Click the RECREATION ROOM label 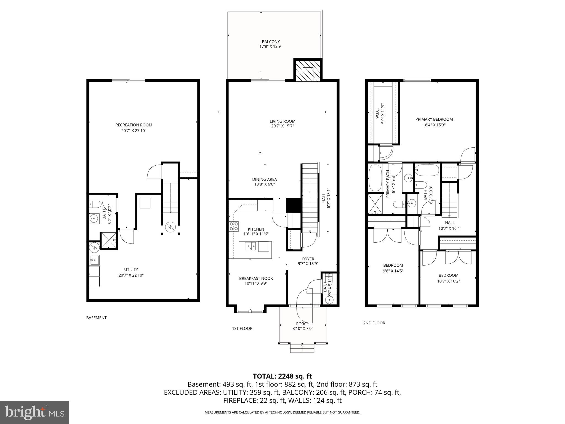pos(134,125)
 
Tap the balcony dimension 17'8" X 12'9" pos(271,47)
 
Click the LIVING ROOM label pos(282,121)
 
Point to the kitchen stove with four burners pos(234,226)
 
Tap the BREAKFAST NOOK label pos(253,278)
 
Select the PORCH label pos(303,324)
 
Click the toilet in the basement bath pos(95,205)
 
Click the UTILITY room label pos(131,269)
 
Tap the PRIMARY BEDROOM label pos(434,119)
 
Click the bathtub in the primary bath pos(375,178)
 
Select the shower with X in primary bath pos(375,204)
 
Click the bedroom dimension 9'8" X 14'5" pos(393,271)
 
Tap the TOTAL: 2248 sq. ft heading pos(282,376)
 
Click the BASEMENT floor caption pos(96,318)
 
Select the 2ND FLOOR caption pos(374,323)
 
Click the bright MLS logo pos(34,412)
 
